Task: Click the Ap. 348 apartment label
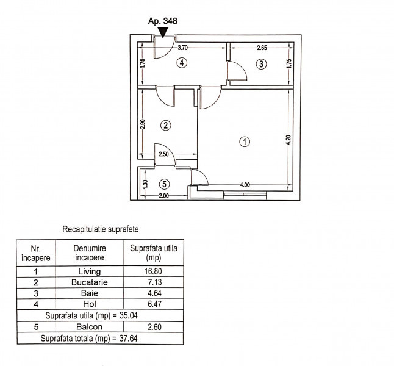(x=163, y=21)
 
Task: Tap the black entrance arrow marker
(x=163, y=32)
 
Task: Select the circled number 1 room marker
(x=245, y=142)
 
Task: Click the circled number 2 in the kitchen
(x=166, y=125)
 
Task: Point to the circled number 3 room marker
(x=261, y=64)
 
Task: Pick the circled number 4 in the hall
(x=182, y=63)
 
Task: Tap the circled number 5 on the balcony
(x=164, y=184)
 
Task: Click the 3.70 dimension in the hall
(x=183, y=48)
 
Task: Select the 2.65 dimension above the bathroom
(x=262, y=48)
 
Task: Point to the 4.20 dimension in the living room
(x=288, y=140)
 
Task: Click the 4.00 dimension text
(x=245, y=185)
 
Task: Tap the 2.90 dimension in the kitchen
(x=143, y=124)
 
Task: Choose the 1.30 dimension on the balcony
(x=145, y=184)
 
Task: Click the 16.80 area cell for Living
(x=153, y=271)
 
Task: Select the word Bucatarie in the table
(x=90, y=282)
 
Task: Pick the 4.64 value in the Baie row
(x=154, y=293)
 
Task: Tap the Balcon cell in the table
(x=90, y=327)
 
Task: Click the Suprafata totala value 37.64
(x=128, y=339)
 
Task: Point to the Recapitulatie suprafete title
(x=101, y=229)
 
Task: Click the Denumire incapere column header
(x=90, y=253)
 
